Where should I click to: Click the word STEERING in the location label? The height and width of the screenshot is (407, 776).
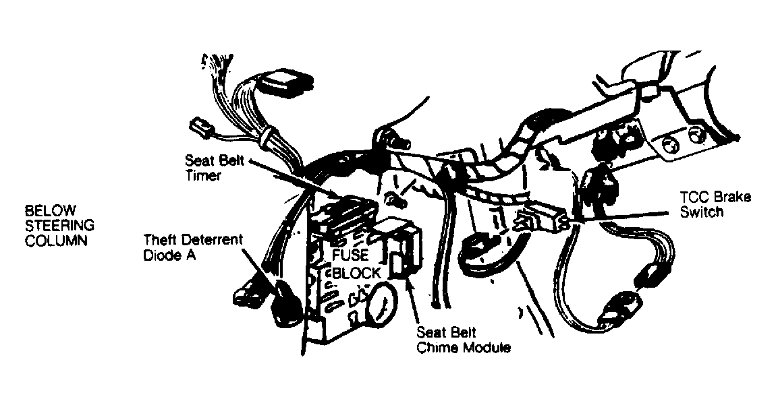click(x=59, y=226)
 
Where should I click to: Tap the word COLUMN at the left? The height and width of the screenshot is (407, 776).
click(x=56, y=241)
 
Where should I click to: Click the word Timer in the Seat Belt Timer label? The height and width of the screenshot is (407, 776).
click(x=203, y=175)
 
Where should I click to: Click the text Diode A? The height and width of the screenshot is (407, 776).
click(x=169, y=255)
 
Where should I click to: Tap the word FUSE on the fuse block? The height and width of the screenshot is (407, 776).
click(x=350, y=255)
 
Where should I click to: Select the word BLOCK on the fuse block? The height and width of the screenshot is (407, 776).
click(x=356, y=273)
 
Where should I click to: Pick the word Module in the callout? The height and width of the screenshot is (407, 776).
click(x=486, y=348)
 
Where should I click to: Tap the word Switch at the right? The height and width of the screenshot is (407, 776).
click(x=702, y=212)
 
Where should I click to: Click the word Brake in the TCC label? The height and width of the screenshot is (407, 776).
click(x=733, y=197)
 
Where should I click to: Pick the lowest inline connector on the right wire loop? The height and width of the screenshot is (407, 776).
click(x=615, y=307)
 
